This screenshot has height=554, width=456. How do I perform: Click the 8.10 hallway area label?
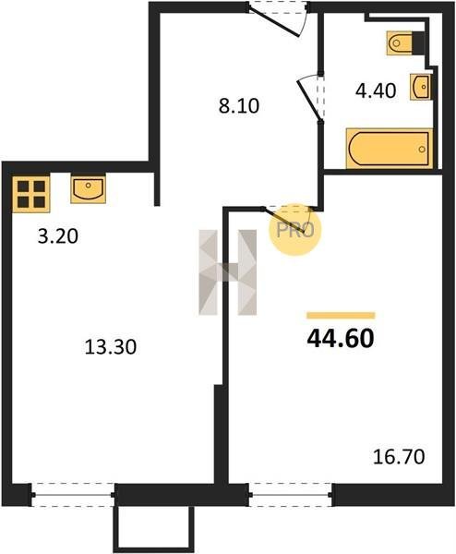pyautogui.click(x=239, y=105)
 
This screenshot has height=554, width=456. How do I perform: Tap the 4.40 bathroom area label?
pyautogui.click(x=376, y=90)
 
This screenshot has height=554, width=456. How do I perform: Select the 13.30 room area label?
pyautogui.click(x=111, y=347)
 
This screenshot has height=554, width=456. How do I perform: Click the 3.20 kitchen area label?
pyautogui.click(x=57, y=236)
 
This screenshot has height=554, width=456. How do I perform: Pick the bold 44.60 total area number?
pyautogui.click(x=341, y=339)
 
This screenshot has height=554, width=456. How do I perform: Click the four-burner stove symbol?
pyautogui.click(x=31, y=194)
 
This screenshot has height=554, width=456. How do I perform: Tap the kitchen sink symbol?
pyautogui.click(x=88, y=188)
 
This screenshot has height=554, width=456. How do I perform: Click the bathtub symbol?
pyautogui.click(x=390, y=149)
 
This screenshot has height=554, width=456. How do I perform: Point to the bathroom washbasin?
pyautogui.click(x=421, y=87)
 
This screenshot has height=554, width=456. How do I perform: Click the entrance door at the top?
pyautogui.click(x=277, y=18)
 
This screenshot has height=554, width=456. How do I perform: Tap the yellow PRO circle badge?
pyautogui.click(x=295, y=230)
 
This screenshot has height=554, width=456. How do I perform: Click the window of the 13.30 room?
pyautogui.click(x=73, y=495)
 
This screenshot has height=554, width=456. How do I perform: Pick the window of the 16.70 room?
pyautogui.click(x=291, y=495)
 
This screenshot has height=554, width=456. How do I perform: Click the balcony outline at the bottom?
pyautogui.click(x=153, y=530)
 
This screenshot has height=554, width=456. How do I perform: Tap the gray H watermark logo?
pyautogui.click(x=228, y=272)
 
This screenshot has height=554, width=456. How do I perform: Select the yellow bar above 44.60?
pyautogui.click(x=341, y=316)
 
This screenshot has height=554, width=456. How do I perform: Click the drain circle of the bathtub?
pyautogui.click(x=422, y=149)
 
